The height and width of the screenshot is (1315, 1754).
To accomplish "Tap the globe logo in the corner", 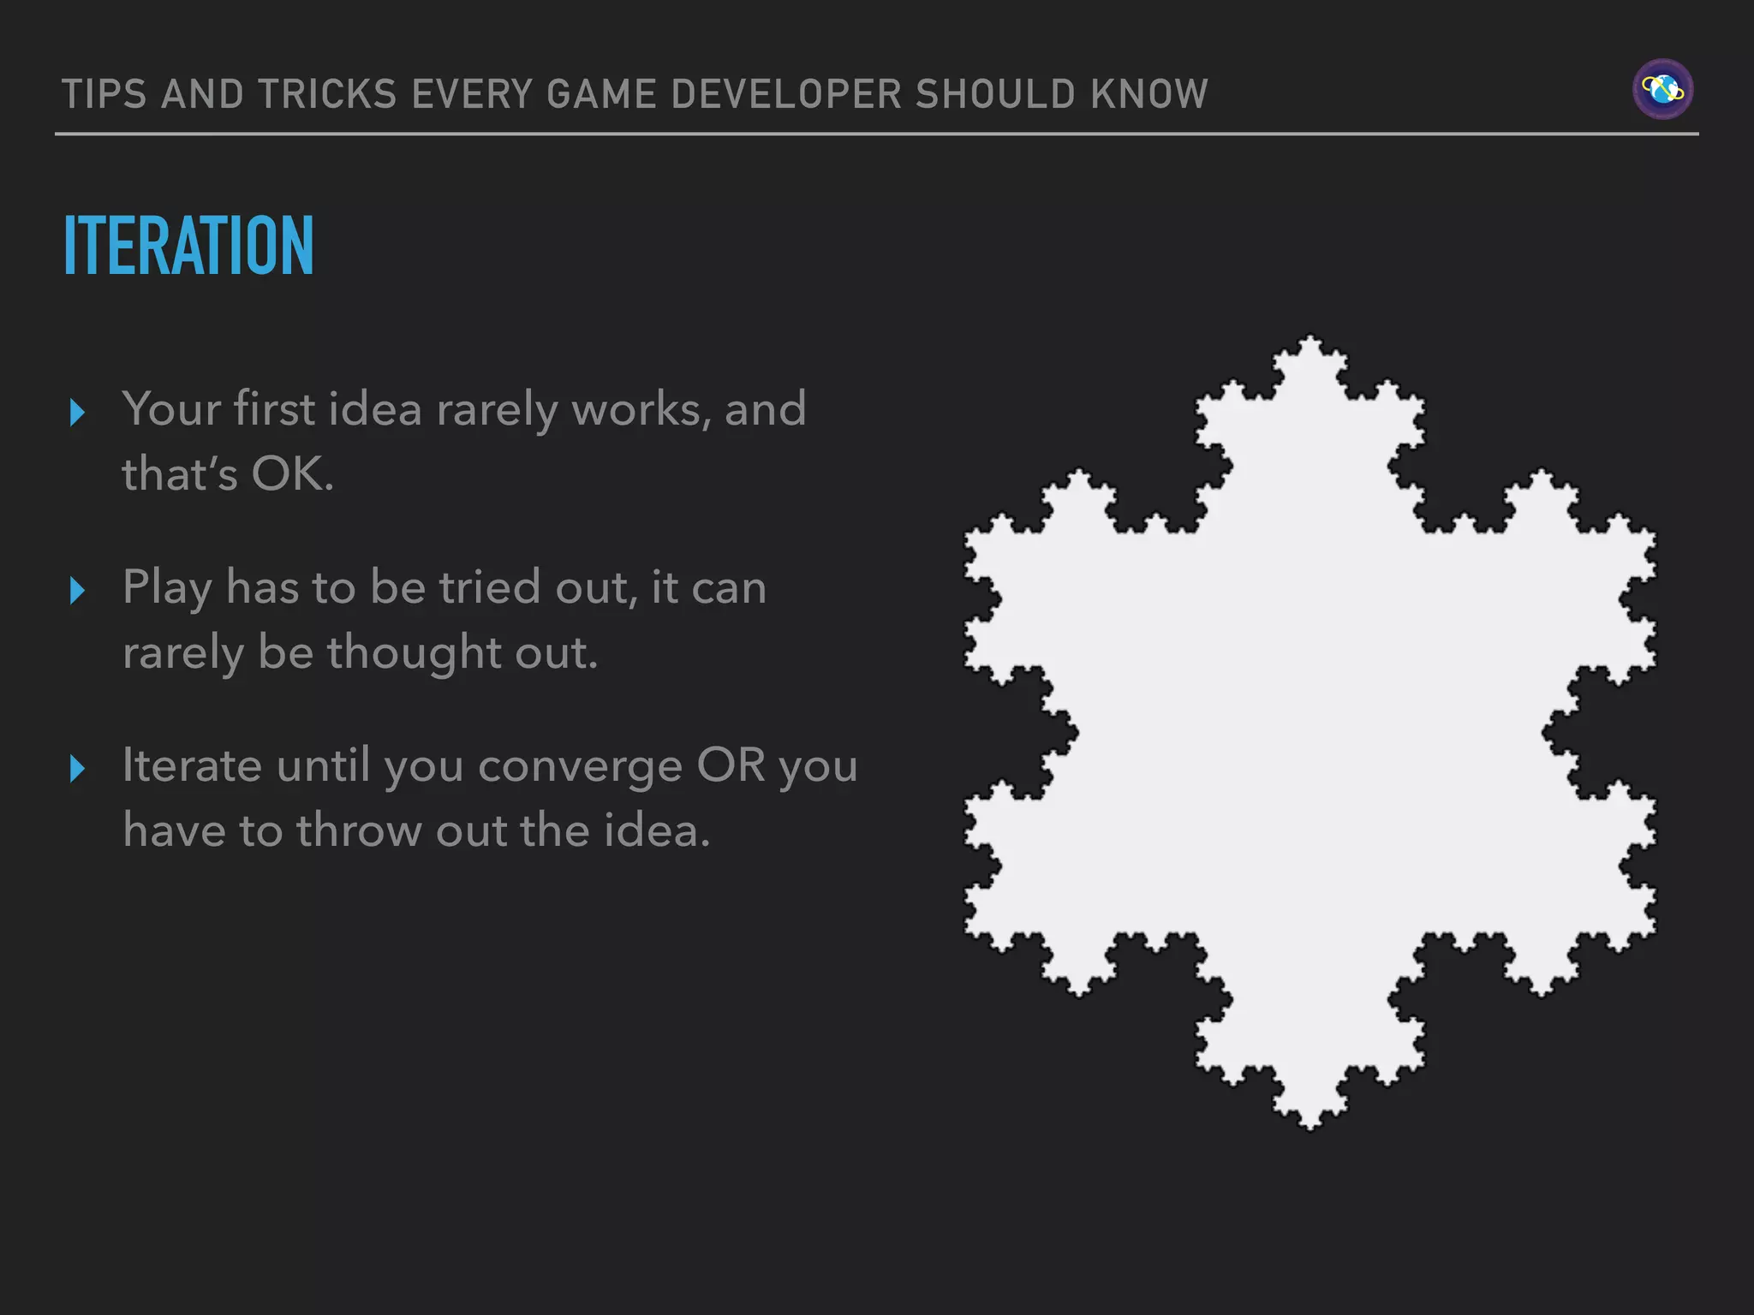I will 1662,89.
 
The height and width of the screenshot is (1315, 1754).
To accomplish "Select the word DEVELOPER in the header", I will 786,94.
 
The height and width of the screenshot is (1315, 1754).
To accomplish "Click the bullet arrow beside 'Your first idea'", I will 77,413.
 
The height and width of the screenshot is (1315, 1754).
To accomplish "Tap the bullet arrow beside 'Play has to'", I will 77,591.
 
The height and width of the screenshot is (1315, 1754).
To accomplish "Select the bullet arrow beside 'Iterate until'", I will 77,769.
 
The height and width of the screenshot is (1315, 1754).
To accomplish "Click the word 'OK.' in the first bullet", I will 292,473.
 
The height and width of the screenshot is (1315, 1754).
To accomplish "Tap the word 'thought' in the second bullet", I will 414,653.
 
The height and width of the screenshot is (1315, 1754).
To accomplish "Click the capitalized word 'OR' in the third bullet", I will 731,765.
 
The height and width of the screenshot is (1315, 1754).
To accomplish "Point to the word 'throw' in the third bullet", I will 360,830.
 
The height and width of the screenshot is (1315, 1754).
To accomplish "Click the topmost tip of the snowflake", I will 1310,339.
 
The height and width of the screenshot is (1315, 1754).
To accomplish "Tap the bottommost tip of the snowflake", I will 1310,1127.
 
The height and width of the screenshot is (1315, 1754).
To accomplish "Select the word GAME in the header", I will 601,94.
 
